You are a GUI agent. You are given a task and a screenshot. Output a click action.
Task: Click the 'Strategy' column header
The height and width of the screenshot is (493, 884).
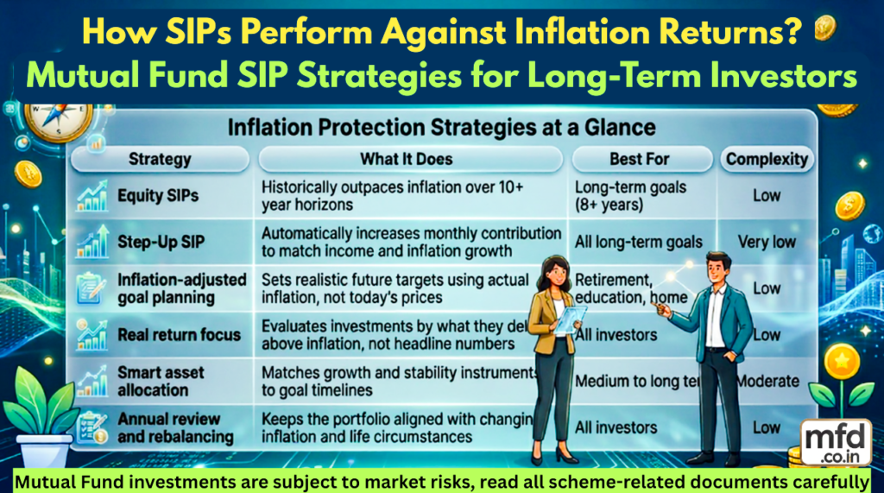160,159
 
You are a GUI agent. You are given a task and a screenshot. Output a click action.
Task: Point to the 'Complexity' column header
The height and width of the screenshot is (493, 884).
767,159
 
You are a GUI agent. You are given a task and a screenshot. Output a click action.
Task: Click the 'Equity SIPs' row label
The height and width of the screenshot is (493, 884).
158,196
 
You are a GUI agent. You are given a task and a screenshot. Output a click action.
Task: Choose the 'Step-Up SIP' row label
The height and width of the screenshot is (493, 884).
162,242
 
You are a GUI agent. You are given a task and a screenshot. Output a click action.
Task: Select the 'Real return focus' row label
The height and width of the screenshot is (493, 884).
179,335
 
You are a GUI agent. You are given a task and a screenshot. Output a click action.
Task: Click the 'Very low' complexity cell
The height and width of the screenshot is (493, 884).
767,242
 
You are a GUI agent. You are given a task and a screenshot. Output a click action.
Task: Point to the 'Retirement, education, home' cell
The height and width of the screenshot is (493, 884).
630,288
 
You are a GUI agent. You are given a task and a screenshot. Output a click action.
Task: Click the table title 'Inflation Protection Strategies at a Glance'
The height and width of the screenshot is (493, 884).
441,128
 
